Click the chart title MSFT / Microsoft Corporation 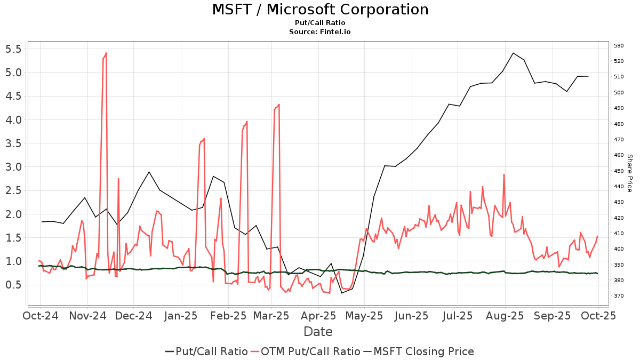[320, 10]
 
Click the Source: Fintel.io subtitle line [320, 31]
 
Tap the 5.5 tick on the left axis [12, 49]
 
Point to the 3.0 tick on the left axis [12, 167]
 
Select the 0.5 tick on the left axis [12, 285]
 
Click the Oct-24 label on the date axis [41, 316]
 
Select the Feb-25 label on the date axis [228, 316]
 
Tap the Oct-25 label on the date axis [598, 316]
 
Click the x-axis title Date [318, 332]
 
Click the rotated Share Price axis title [629, 173]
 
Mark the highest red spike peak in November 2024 [106, 53]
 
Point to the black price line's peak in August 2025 [513, 53]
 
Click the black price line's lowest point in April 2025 [342, 293]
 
